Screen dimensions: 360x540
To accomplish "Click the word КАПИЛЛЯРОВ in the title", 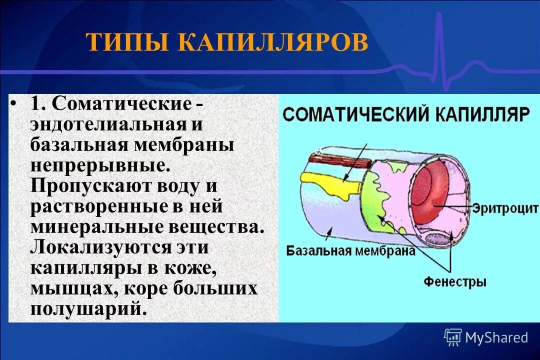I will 272,43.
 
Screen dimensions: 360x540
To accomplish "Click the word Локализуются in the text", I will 101,247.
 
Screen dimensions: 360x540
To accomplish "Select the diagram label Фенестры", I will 455,281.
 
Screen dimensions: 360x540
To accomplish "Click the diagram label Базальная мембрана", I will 350,250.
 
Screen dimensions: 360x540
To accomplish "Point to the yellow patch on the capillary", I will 330,182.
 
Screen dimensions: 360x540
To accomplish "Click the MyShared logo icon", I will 452,337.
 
